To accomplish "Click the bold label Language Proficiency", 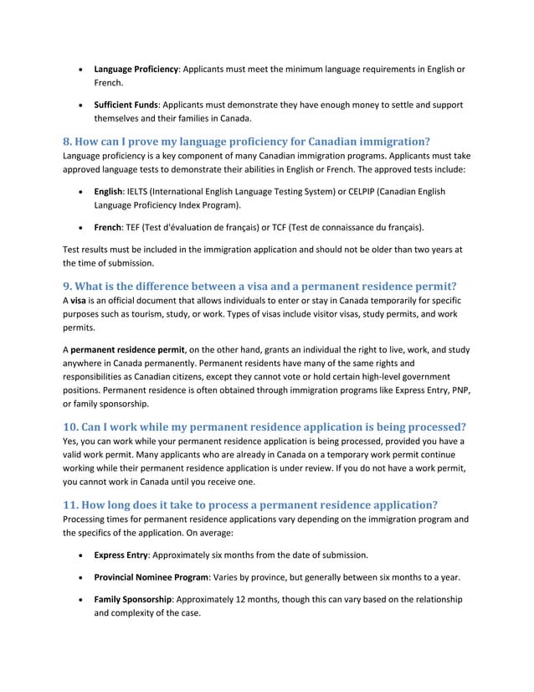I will (136, 68).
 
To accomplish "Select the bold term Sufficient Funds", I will (128, 105).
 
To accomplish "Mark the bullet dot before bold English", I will (80, 193).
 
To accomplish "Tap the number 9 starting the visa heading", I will (68, 286).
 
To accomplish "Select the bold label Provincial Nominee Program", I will (151, 577).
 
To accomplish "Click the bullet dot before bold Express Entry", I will (80, 555).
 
